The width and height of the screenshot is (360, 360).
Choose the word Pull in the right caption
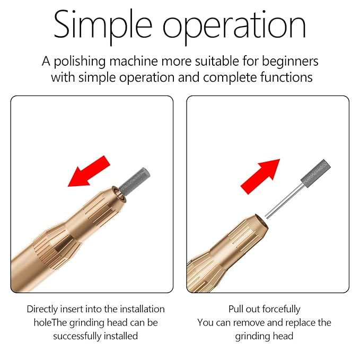tap(237, 309)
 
